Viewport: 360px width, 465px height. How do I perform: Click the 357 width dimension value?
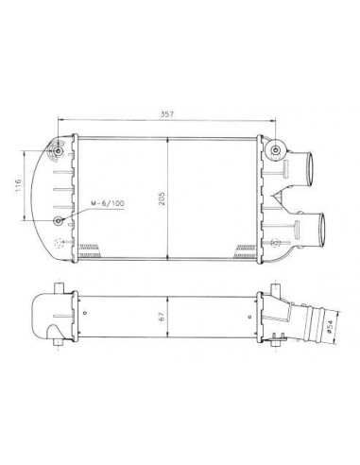coord(167,114)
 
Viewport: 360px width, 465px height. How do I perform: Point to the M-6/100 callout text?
coord(108,203)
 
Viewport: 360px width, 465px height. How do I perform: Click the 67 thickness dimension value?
coord(162,317)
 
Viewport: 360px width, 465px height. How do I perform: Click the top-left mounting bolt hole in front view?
coord(59,151)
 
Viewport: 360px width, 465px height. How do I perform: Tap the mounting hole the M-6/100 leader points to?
coord(59,221)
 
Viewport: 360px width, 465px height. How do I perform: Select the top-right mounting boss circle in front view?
coord(276,149)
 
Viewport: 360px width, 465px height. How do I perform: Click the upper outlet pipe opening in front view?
coord(310,169)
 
